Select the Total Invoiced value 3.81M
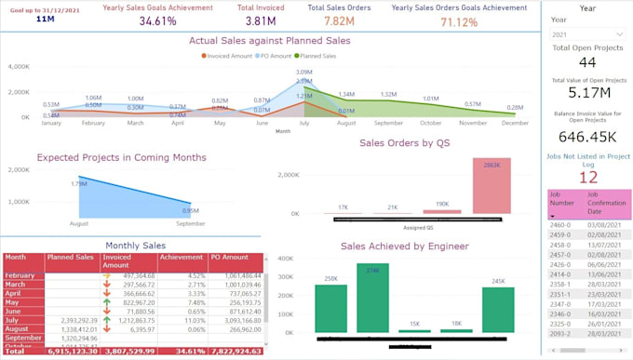[260, 20]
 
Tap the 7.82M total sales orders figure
[339, 20]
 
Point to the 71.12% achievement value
[459, 21]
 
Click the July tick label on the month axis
[304, 123]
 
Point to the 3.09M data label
[304, 72]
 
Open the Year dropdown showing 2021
[587, 34]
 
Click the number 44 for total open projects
[587, 62]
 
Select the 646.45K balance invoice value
[587, 137]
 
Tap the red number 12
[587, 177]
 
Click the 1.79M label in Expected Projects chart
[78, 183]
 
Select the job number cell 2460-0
[560, 225]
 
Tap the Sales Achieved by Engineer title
[404, 246]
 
